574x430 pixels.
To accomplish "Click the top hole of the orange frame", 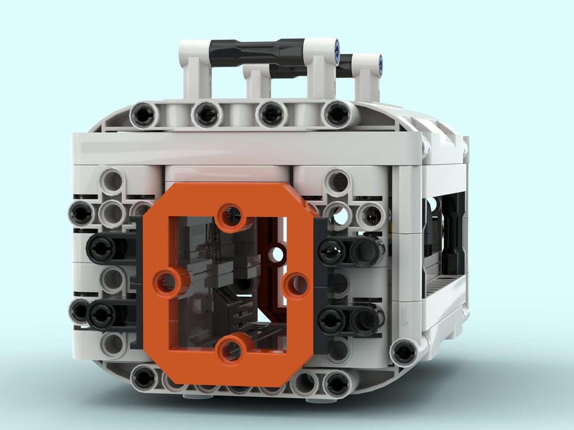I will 231,216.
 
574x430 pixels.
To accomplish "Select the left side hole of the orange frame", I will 165,282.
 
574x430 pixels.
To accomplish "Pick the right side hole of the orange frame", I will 296,283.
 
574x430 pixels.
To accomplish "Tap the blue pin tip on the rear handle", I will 379,62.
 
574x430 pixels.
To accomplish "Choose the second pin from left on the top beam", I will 207,115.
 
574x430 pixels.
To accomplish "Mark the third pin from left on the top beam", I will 272,114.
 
